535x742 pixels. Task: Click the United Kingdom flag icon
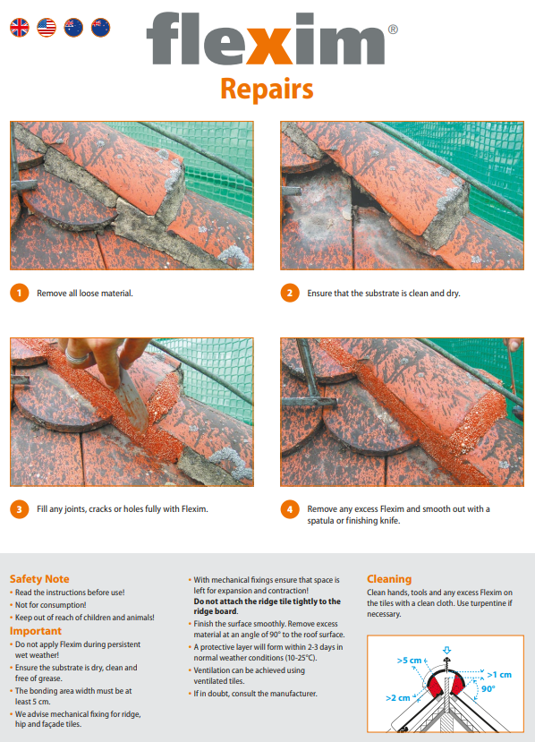(20, 28)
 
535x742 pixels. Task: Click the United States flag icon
(47, 28)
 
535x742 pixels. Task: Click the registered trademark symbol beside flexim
(393, 30)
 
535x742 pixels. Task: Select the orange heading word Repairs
(267, 89)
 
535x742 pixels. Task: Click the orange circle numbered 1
(20, 293)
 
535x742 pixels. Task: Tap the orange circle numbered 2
(290, 293)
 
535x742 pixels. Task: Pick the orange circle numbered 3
(20, 509)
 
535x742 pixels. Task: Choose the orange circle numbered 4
(290, 509)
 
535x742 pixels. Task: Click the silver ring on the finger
(76, 357)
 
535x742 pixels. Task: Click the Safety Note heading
(39, 579)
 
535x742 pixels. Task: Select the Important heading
(36, 631)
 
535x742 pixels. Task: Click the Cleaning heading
(389, 579)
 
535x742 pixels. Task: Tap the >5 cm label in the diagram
(409, 661)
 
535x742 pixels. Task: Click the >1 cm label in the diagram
(499, 674)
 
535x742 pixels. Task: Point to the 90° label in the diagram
(488, 689)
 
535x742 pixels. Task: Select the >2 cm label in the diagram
(398, 698)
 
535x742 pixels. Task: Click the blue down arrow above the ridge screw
(446, 651)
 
